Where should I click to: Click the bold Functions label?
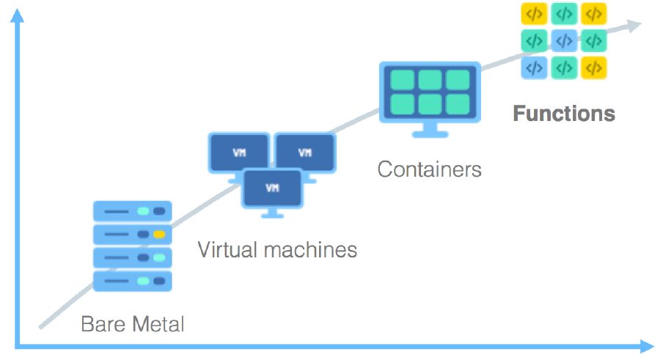click(563, 114)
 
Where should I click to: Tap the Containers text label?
click(429, 169)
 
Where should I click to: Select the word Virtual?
click(224, 250)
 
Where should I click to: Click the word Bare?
click(102, 323)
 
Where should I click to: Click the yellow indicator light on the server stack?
click(159, 235)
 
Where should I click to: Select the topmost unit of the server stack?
click(133, 212)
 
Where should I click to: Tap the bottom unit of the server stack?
click(133, 281)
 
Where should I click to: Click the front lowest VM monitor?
click(272, 188)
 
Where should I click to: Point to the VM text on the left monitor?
click(239, 153)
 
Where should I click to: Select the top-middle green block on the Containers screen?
click(430, 79)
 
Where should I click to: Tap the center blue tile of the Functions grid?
click(563, 40)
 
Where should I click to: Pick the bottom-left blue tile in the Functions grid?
click(534, 67)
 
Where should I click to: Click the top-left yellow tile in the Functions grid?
click(534, 13)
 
